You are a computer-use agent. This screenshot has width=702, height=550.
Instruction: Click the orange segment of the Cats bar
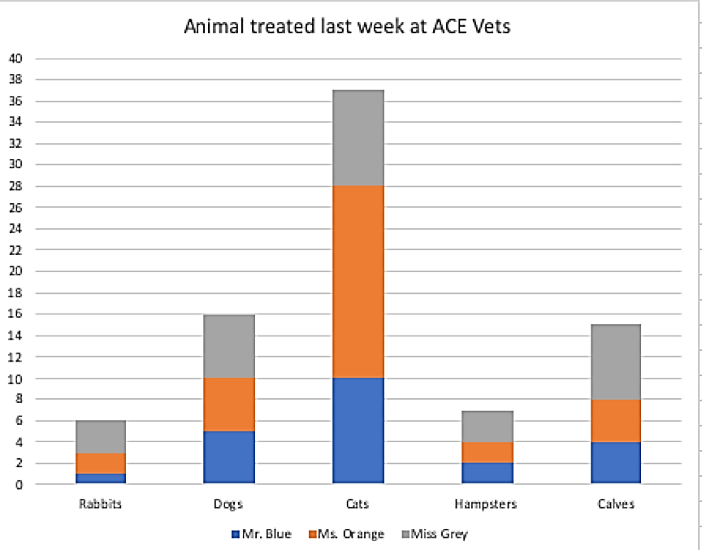(x=357, y=281)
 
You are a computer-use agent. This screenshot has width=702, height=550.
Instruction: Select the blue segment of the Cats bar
(x=357, y=431)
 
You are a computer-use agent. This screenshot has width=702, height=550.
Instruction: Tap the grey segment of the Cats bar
(x=357, y=137)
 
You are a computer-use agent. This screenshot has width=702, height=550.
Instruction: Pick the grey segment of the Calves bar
(x=615, y=362)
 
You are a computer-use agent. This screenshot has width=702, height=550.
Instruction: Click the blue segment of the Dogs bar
(x=229, y=457)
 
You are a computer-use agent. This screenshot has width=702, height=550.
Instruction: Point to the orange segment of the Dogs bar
(x=229, y=405)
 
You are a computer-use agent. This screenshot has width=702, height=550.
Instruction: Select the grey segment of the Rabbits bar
(x=101, y=436)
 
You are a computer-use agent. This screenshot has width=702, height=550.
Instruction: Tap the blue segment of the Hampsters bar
(x=487, y=473)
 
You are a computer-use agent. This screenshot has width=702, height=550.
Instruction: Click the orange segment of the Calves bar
(x=615, y=420)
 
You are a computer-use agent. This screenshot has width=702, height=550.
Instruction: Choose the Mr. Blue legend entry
(x=262, y=534)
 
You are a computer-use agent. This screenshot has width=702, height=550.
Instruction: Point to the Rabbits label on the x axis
(x=100, y=504)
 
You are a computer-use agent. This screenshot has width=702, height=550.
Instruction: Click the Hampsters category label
(x=487, y=504)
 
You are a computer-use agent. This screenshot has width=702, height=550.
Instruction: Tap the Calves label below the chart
(x=615, y=504)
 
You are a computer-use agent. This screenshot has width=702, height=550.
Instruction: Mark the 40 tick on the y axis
(x=16, y=58)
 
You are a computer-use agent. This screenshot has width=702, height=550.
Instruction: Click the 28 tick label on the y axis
(x=16, y=186)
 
